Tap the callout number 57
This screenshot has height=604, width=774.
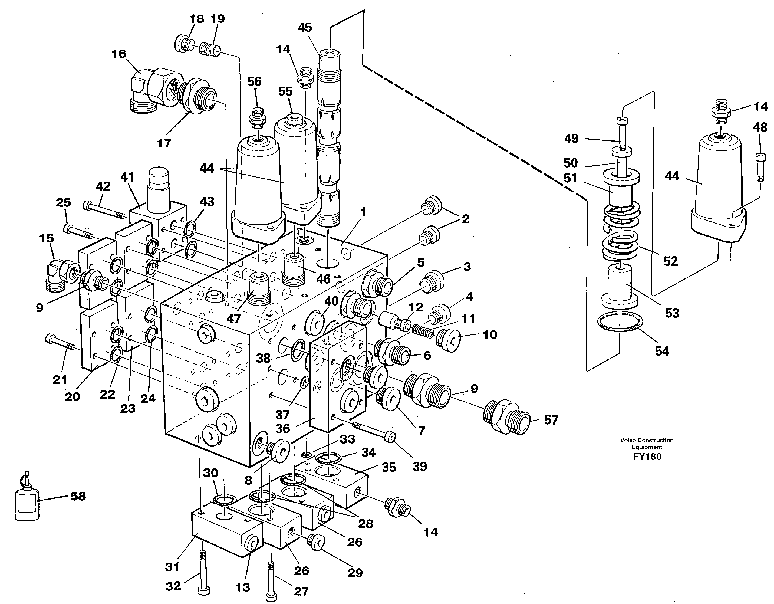(551, 420)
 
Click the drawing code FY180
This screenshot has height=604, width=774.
(647, 457)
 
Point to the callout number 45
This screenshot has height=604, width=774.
(305, 28)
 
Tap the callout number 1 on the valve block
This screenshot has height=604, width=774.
(363, 212)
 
